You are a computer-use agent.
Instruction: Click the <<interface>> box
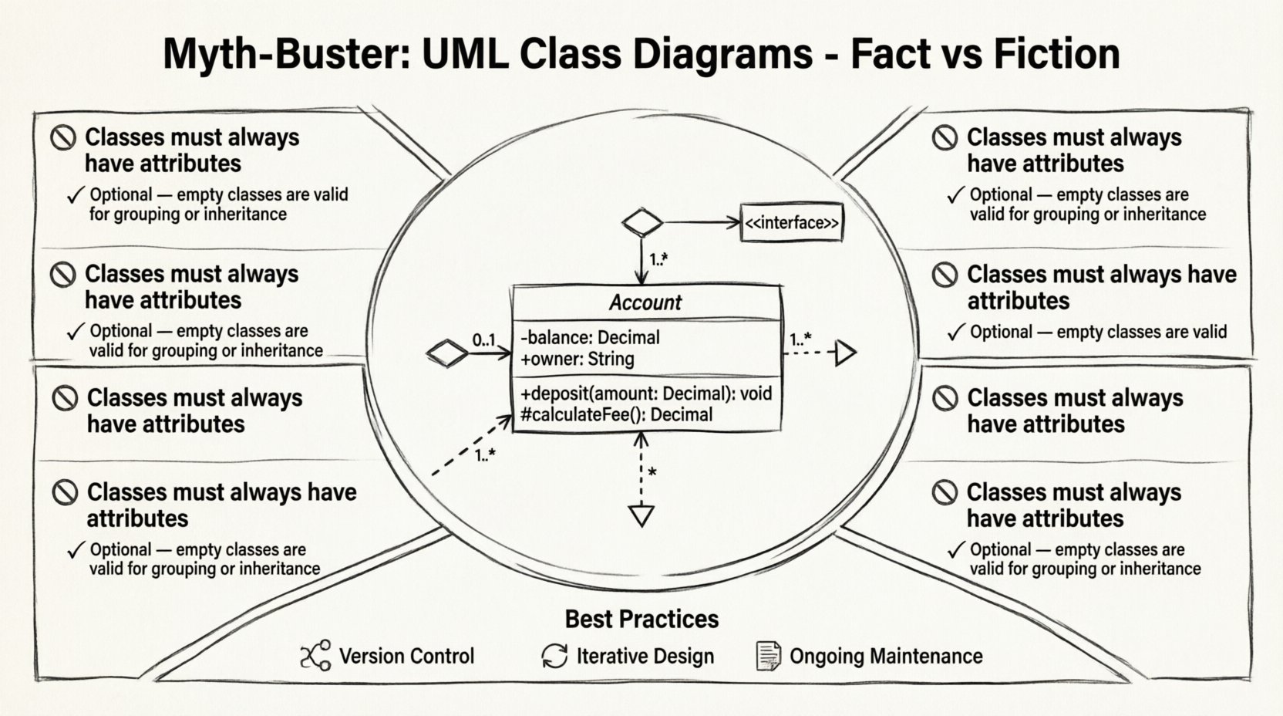pyautogui.click(x=791, y=223)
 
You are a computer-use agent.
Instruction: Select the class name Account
pyautogui.click(x=645, y=302)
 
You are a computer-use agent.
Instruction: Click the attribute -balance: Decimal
pyautogui.click(x=591, y=337)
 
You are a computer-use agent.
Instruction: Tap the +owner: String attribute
pyautogui.click(x=578, y=359)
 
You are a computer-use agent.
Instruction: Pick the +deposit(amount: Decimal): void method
pyautogui.click(x=646, y=393)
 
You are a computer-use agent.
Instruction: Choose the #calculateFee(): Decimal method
pyautogui.click(x=616, y=414)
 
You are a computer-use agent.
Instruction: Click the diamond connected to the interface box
pyautogui.click(x=642, y=223)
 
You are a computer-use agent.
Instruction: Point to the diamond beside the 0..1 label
pyautogui.click(x=447, y=353)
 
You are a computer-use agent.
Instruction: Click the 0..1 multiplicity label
pyautogui.click(x=484, y=340)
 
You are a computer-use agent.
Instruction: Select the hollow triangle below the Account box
pyautogui.click(x=641, y=515)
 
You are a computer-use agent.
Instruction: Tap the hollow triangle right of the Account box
pyautogui.click(x=845, y=353)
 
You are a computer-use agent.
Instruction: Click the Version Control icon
pyautogui.click(x=315, y=656)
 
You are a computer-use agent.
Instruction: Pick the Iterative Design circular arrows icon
pyautogui.click(x=554, y=656)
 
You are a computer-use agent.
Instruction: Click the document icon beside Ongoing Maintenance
pyautogui.click(x=768, y=656)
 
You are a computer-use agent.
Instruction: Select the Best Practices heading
pyautogui.click(x=641, y=619)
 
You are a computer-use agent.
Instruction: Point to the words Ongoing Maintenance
pyautogui.click(x=886, y=656)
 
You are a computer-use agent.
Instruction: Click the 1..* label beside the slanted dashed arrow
pyautogui.click(x=485, y=455)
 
